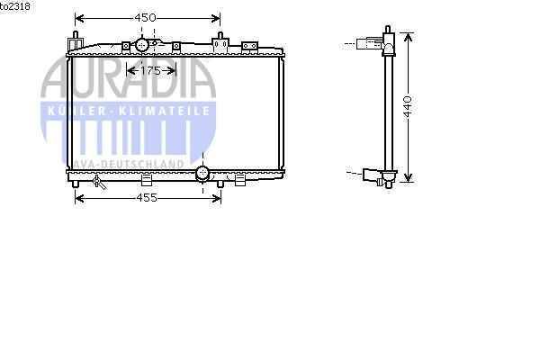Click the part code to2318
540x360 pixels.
click(x=14, y=6)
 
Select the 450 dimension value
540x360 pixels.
click(x=145, y=18)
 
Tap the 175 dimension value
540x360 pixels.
click(x=150, y=71)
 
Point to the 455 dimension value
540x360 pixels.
click(x=147, y=198)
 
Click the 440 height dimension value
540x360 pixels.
click(x=408, y=106)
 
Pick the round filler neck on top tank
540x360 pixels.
click(x=141, y=44)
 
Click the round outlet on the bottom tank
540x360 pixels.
click(x=202, y=174)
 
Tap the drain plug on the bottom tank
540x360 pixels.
click(x=99, y=182)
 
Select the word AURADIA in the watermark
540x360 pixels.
click(x=128, y=78)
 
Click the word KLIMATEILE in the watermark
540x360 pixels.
click(x=164, y=111)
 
